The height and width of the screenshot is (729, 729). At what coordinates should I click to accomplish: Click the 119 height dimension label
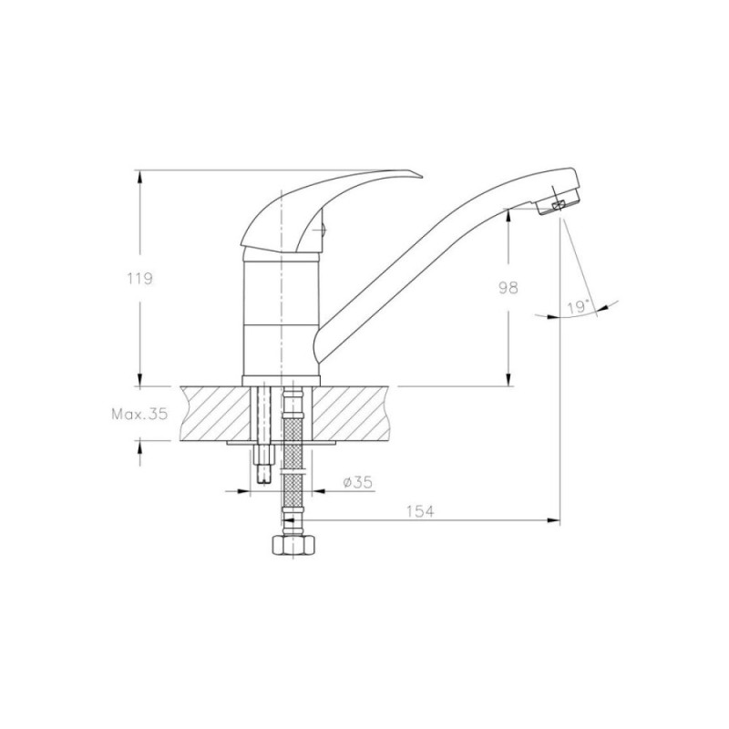pyautogui.click(x=140, y=279)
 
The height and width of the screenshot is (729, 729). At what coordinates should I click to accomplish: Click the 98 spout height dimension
pyautogui.click(x=508, y=288)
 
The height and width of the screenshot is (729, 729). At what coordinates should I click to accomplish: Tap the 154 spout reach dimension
pyautogui.click(x=420, y=512)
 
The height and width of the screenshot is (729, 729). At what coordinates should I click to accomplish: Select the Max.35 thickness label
pyautogui.click(x=139, y=414)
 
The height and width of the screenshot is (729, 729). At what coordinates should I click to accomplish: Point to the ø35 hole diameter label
pyautogui.click(x=357, y=483)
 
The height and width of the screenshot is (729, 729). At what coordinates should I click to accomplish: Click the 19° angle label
pyautogui.click(x=578, y=307)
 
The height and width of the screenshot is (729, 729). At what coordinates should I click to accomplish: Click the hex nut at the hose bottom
pyautogui.click(x=293, y=545)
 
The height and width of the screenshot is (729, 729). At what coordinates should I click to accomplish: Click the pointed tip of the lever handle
pyautogui.click(x=423, y=176)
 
